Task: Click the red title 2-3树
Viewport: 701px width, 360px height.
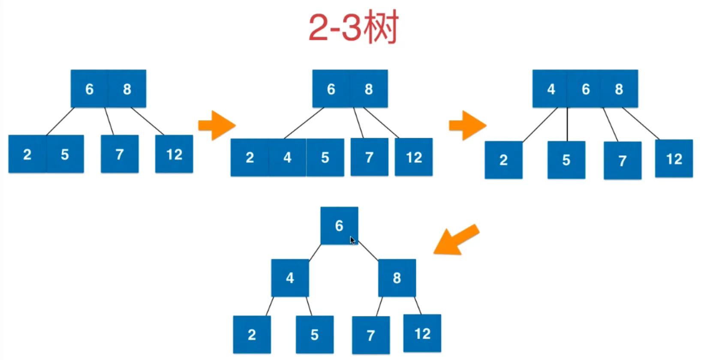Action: tap(353, 27)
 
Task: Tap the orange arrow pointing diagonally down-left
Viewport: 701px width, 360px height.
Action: tap(455, 240)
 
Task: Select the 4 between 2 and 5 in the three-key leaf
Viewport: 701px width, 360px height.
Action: tap(287, 157)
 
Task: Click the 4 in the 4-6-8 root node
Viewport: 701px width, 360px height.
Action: tap(551, 89)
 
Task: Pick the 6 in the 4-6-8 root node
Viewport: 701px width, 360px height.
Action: tap(586, 89)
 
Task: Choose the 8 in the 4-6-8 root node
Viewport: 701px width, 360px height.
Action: tap(619, 89)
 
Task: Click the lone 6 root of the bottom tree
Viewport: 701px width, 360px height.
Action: tap(339, 225)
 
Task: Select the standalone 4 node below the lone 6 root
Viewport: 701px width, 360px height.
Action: tap(290, 278)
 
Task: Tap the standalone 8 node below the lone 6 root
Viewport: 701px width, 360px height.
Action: tap(397, 278)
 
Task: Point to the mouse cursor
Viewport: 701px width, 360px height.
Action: tap(352, 240)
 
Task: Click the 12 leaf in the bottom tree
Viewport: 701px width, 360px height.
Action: tap(422, 333)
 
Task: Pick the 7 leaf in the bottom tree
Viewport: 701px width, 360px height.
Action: tap(371, 335)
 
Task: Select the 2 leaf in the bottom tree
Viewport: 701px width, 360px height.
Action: tap(252, 334)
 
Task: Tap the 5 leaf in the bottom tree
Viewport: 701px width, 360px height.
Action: tap(314, 334)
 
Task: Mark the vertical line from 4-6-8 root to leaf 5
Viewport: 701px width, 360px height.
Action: tap(567, 124)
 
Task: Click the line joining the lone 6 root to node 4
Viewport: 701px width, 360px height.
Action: tap(315, 252)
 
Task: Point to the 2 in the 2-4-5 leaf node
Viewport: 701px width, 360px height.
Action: tap(250, 157)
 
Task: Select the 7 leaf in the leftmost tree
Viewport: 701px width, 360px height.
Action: tap(120, 154)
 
